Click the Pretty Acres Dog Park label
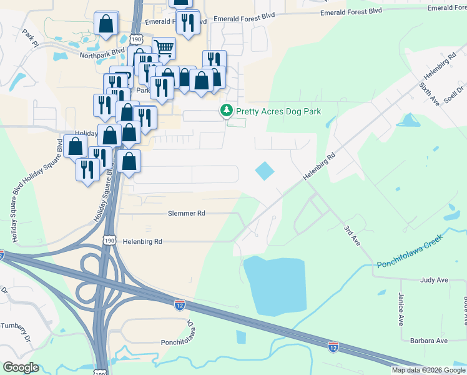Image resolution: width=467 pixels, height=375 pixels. click(x=278, y=111)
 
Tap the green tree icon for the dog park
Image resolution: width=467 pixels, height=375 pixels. click(x=226, y=111)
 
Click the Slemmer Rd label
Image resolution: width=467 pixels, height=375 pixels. click(x=186, y=213)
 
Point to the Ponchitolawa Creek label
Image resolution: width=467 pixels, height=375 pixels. click(x=410, y=252)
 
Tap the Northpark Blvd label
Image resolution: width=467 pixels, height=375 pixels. click(x=102, y=54)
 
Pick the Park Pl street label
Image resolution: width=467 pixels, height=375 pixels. click(x=29, y=37)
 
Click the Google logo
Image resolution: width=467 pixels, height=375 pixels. click(x=21, y=367)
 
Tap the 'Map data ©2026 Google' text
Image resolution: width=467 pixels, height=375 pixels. click(x=428, y=370)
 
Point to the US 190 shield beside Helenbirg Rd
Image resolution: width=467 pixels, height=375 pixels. click(x=110, y=241)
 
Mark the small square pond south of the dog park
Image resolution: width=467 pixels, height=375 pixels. click(x=265, y=171)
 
